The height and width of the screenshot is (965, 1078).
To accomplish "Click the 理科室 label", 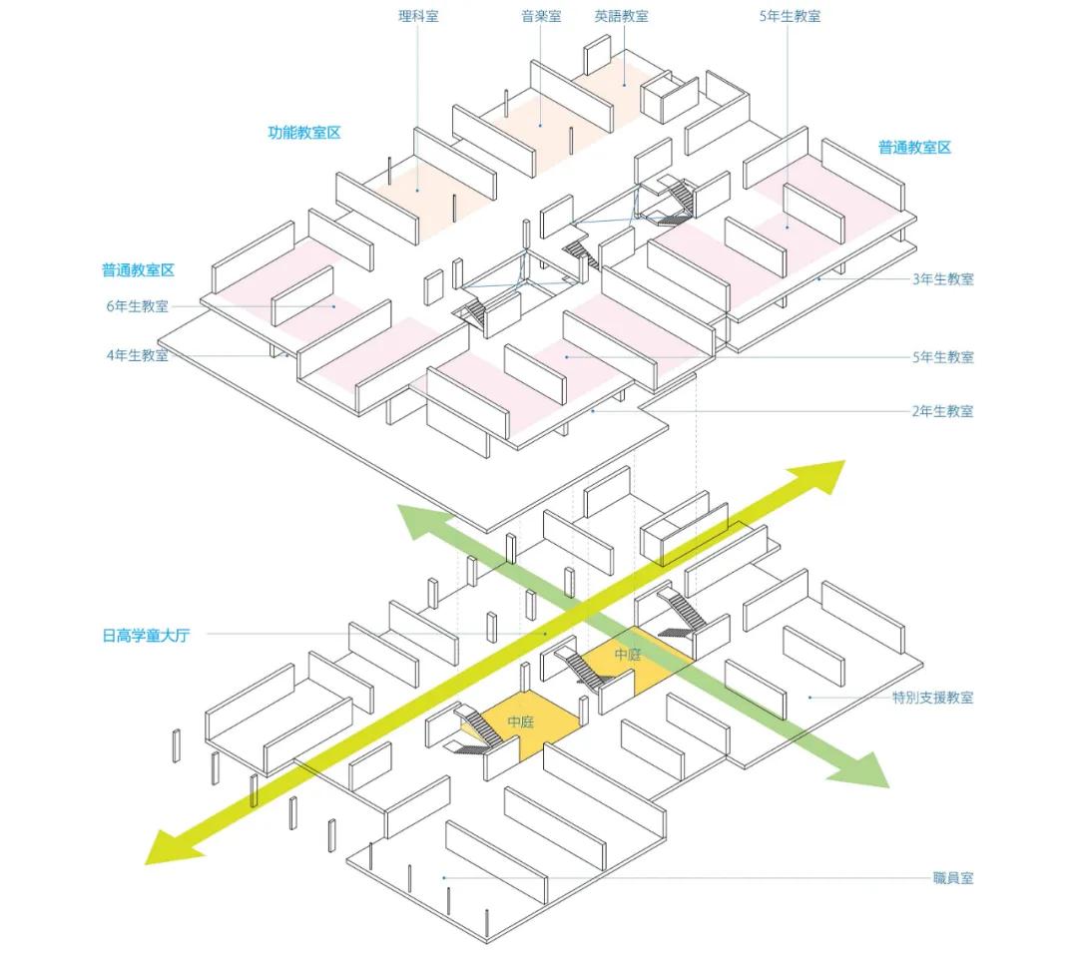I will (418, 16).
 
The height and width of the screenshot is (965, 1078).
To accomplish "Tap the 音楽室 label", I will (541, 16).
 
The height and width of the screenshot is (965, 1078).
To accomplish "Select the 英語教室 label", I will (621, 16).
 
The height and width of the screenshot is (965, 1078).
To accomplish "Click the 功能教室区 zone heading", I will (304, 133).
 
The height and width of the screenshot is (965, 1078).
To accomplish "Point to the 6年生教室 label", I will (137, 306).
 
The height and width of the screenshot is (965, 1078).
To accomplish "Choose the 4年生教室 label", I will (137, 355).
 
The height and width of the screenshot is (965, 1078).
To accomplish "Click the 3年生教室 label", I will (943, 279).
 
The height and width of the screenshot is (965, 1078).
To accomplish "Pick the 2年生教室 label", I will (942, 411).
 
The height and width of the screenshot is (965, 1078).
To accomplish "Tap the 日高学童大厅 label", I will (146, 635).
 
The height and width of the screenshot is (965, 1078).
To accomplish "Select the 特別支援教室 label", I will (932, 698).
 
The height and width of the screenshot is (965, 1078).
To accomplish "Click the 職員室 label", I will (953, 878).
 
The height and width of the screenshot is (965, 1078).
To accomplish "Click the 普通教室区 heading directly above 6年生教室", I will (138, 270).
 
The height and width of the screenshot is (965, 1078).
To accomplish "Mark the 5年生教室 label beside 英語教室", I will (790, 16).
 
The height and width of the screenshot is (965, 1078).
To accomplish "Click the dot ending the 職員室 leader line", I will (444, 878).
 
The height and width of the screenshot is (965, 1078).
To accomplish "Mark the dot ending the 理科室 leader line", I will (418, 190).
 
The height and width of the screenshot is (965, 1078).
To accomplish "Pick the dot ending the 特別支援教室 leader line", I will (808, 698).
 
